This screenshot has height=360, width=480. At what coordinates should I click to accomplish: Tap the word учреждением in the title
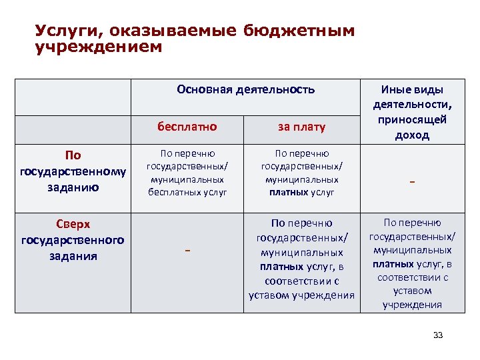pos(98,47)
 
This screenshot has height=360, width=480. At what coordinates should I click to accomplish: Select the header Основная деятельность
pos(245,89)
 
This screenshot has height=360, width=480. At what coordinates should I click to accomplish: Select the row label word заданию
pos(73,187)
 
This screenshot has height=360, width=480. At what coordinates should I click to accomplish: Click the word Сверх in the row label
pos(73,224)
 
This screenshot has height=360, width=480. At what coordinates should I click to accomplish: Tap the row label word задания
pos(73,255)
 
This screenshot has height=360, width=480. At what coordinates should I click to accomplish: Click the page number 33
pos(437,335)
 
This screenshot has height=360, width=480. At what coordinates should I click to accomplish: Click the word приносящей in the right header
pos(412,119)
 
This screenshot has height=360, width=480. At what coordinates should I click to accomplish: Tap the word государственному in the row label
pos(73,171)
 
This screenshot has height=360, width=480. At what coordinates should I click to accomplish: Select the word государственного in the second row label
pos(73,240)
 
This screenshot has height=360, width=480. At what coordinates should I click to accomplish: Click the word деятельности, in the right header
pos(412,105)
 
